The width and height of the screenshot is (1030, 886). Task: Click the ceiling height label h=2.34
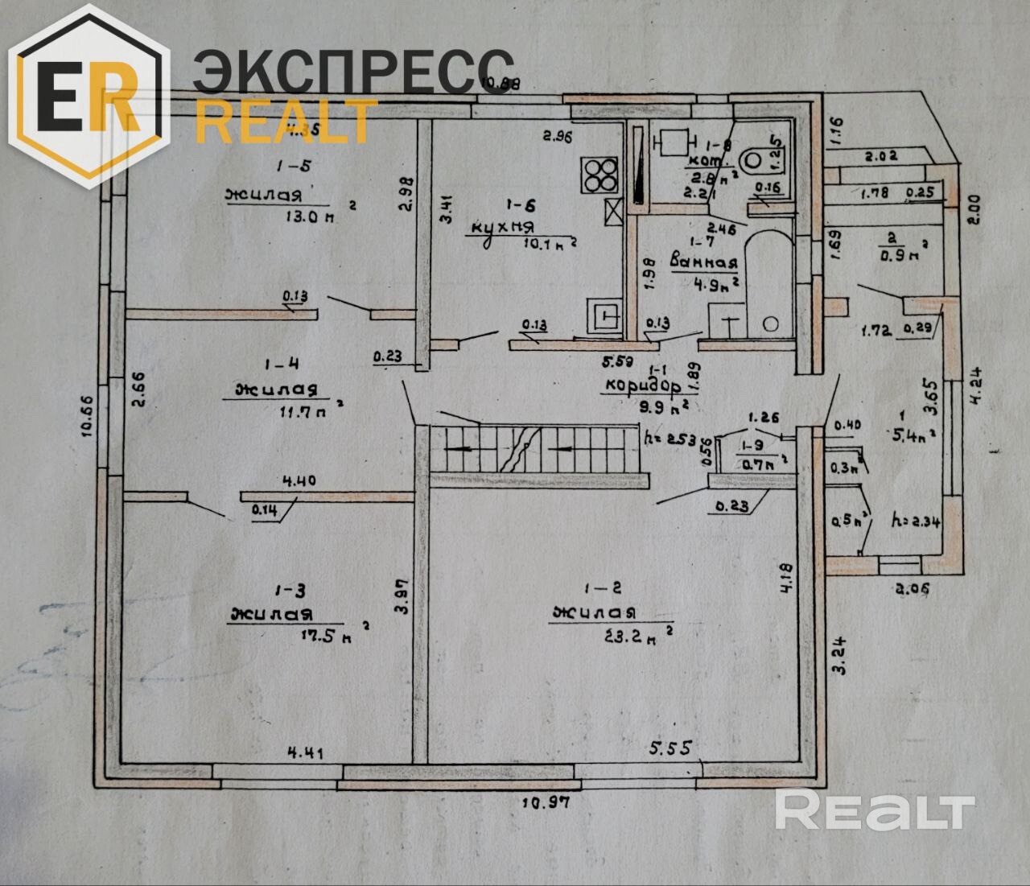coord(917,520)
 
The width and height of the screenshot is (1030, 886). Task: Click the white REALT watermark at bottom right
coord(875,810)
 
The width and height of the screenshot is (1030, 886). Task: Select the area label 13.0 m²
coord(304,216)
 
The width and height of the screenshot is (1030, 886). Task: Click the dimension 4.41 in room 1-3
coord(305,753)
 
